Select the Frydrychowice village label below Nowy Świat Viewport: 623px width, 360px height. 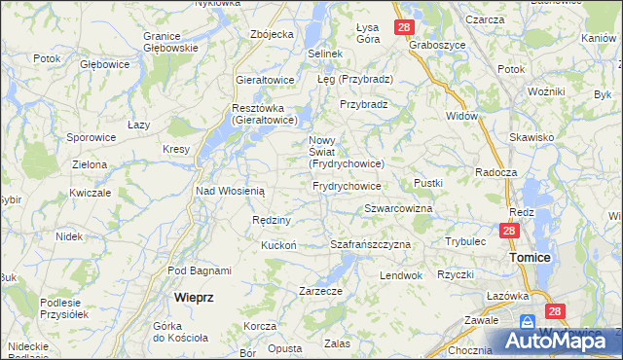[x=346, y=185]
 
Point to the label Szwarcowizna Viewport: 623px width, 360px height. [x=398, y=209]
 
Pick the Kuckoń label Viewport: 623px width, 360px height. [x=277, y=245]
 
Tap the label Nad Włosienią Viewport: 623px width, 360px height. [x=231, y=192]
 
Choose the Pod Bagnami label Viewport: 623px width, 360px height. [x=199, y=270]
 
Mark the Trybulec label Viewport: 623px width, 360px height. [x=465, y=240]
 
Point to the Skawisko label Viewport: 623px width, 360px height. [x=531, y=138]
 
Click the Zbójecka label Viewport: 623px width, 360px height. [x=272, y=34]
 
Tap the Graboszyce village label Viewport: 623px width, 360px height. [x=434, y=45]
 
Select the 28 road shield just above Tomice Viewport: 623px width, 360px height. [x=509, y=232]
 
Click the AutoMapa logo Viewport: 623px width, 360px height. [x=559, y=340]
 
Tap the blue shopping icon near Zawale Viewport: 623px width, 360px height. [x=528, y=320]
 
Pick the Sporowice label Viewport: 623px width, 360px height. [x=92, y=138]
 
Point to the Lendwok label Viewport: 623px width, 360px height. [x=401, y=275]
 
